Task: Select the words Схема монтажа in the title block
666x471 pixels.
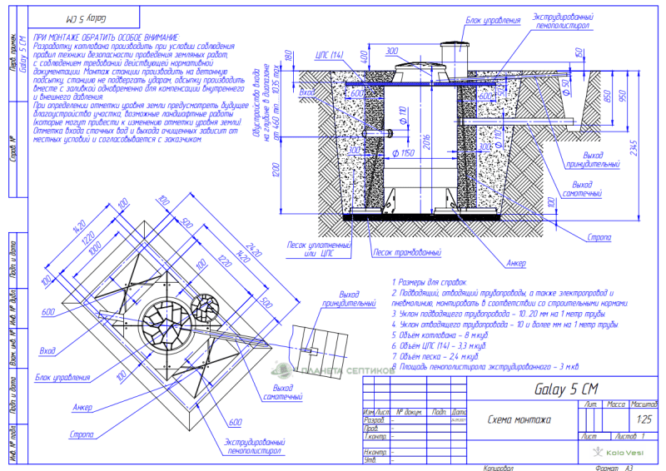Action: tap(519, 419)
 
